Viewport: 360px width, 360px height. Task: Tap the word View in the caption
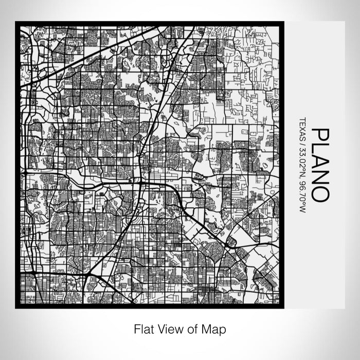point(168,329)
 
